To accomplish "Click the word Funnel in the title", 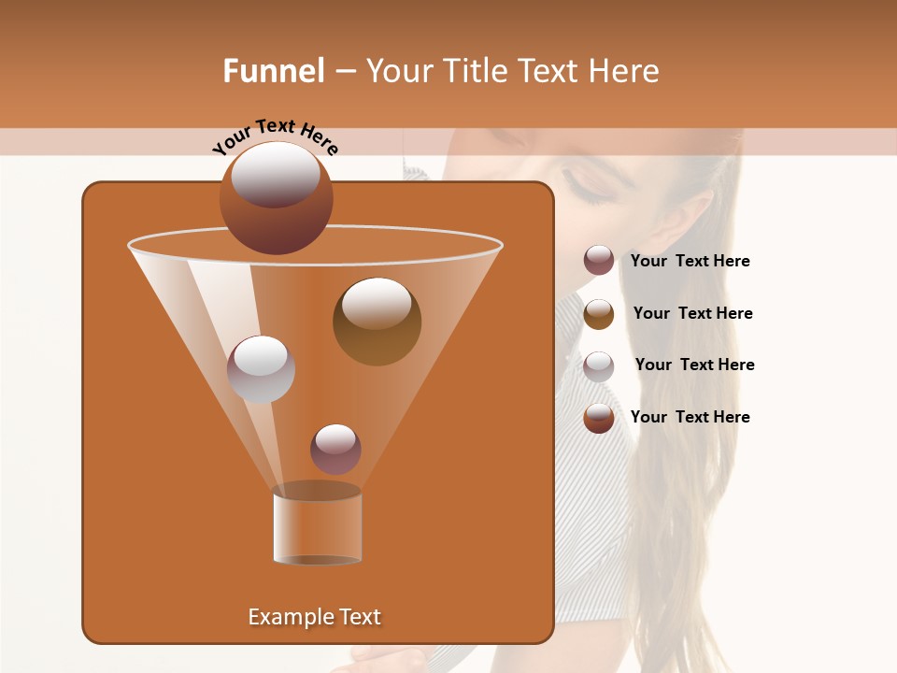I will coord(273,71).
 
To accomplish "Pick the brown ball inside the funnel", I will coord(377,321).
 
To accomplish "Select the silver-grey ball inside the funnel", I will coord(261,368).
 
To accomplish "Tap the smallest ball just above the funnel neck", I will coord(335,449).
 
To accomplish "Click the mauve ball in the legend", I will coord(599,261).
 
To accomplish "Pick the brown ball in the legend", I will coord(599,313).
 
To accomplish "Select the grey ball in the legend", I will coord(599,365).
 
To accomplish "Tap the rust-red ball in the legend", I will coord(599,418).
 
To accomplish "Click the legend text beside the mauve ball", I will coord(690,261).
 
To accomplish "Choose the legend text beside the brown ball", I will coord(692,313).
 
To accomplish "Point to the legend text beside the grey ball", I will coord(694,365).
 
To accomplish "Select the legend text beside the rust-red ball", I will coord(690,417).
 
